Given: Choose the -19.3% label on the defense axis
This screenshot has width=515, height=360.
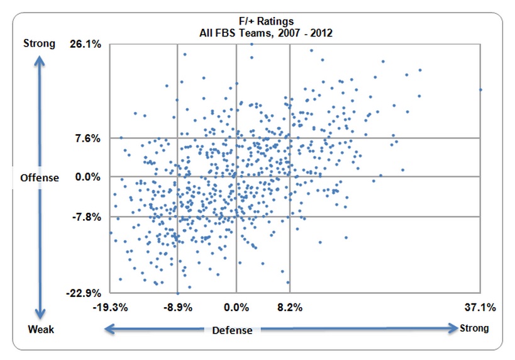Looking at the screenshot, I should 111,308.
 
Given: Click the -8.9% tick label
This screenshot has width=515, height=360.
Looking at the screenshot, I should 177,308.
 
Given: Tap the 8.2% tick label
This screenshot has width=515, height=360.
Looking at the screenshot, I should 289,308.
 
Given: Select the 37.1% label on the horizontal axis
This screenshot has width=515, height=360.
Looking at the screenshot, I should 480,308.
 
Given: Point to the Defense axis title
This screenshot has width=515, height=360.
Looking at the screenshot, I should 232,330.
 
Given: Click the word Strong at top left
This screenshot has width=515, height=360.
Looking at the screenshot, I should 39,44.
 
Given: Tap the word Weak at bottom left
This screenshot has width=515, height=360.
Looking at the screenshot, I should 41,330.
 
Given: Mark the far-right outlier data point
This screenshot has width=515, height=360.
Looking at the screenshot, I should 480,89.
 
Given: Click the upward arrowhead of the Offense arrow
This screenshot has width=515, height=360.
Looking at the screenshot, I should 40,57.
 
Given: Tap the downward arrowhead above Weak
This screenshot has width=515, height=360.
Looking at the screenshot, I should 40,315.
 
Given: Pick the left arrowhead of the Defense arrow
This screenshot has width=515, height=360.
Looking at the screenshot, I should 108,328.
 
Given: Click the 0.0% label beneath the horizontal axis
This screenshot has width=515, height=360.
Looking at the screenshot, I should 236,308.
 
